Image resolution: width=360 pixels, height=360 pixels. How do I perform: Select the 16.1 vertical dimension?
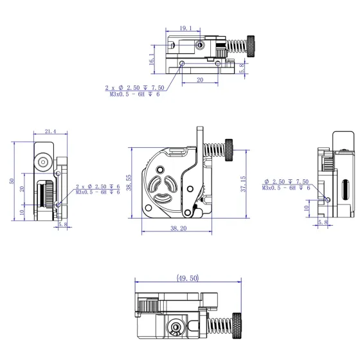(152, 59)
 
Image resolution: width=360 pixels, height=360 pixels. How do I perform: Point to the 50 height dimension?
(12, 181)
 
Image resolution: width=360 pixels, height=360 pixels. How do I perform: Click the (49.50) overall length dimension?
(186, 278)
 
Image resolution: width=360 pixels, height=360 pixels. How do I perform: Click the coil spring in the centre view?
(214, 152)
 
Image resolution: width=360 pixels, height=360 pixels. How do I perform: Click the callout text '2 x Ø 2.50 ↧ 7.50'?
(134, 87)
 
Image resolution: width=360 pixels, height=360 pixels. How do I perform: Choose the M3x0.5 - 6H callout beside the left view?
(98, 192)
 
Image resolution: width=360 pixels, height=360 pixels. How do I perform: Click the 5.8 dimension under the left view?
(62, 225)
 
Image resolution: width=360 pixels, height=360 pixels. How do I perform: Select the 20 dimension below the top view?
(199, 80)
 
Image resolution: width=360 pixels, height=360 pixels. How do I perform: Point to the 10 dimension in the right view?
(305, 208)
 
